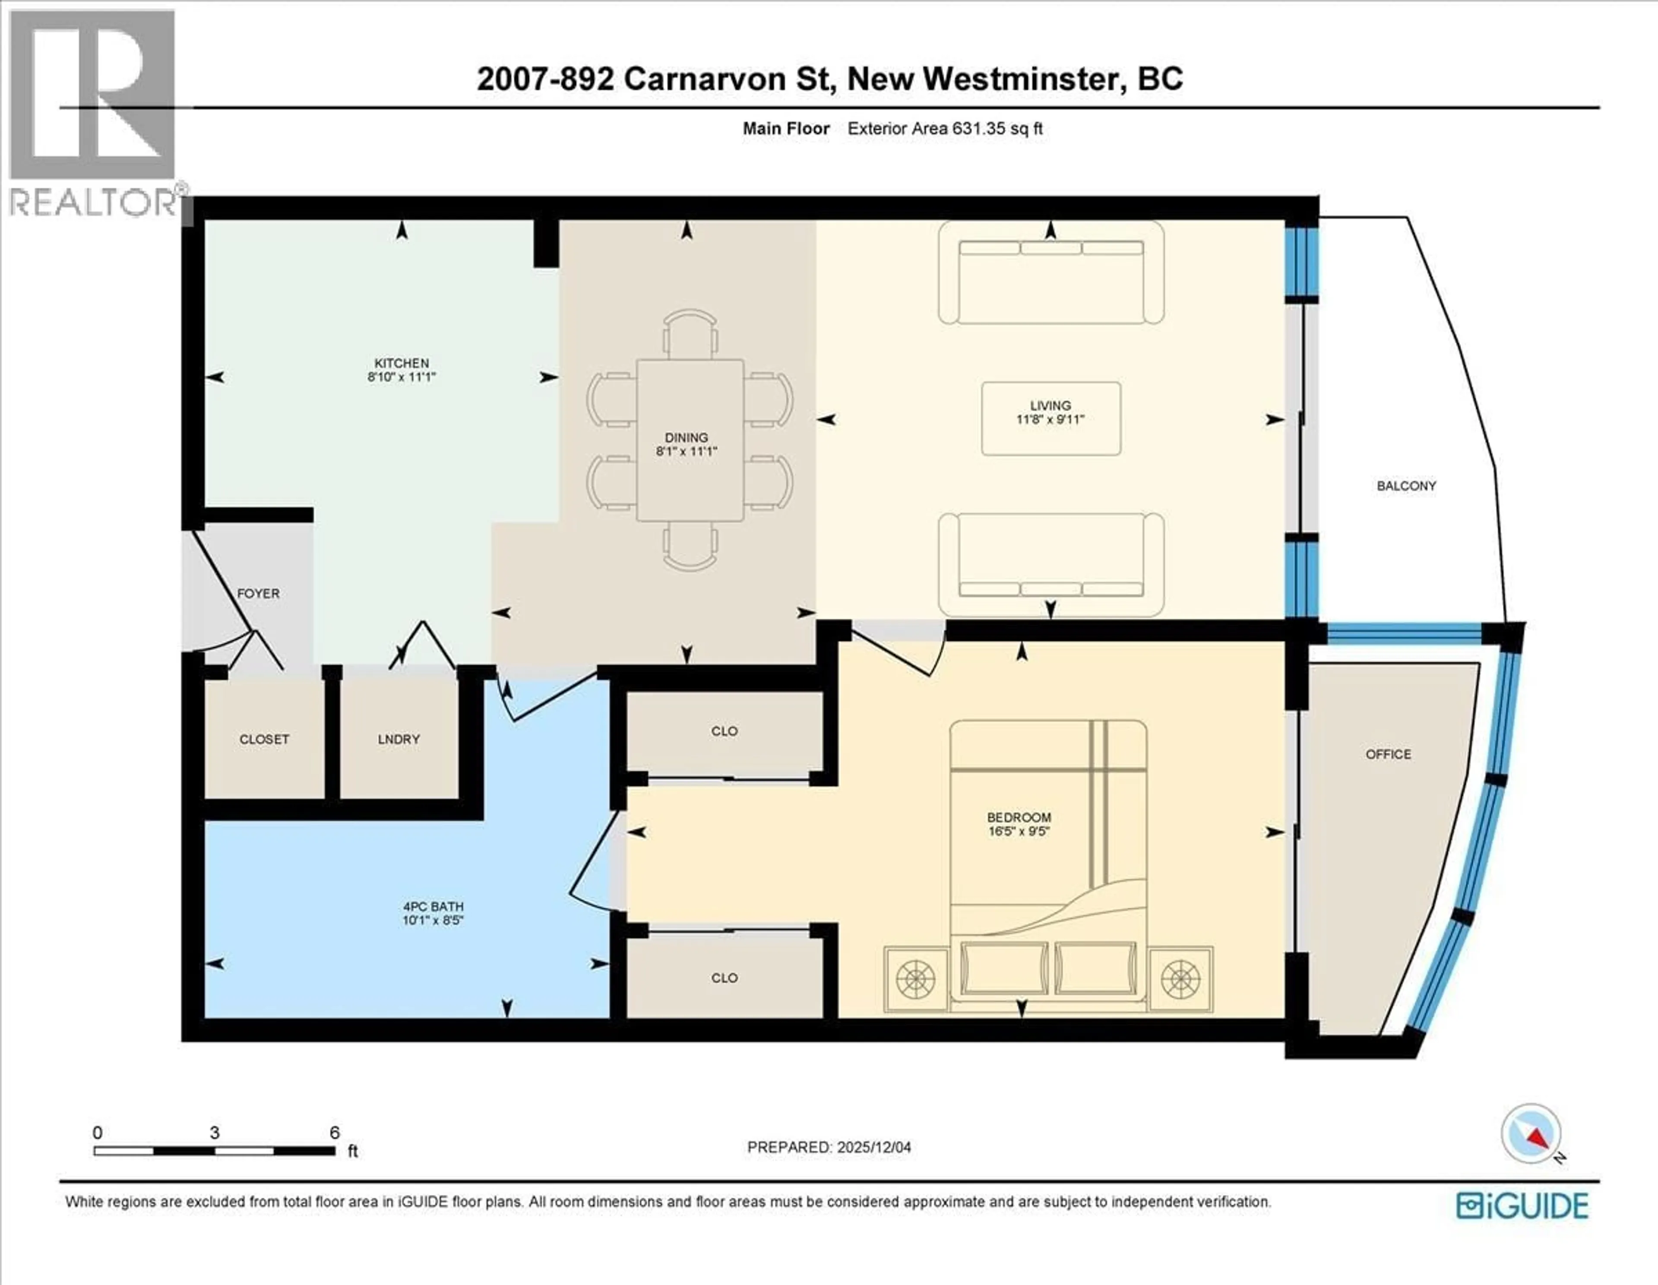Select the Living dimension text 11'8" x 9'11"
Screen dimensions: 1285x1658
click(x=1050, y=419)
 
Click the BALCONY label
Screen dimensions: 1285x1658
click(x=1406, y=486)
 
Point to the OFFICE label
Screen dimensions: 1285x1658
click(x=1388, y=754)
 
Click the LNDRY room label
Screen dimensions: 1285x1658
click(x=399, y=738)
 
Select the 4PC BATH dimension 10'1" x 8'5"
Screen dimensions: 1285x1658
click(x=433, y=920)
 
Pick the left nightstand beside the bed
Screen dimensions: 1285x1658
click(x=915, y=979)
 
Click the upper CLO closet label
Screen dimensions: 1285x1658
click(x=724, y=731)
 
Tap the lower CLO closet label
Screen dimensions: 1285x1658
click(x=724, y=978)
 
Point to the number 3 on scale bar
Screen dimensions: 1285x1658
click(x=215, y=1133)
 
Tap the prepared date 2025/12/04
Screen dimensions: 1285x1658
click(x=873, y=1147)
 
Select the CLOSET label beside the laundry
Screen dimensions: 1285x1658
click(x=264, y=738)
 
